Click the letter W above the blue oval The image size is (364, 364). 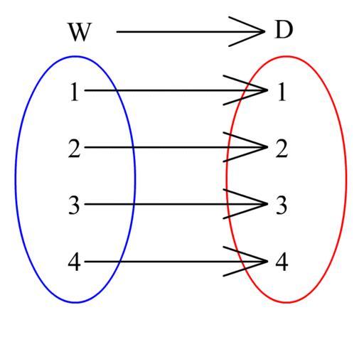click(x=79, y=32)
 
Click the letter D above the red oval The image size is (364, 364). click(x=284, y=31)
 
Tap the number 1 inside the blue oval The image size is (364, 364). click(x=74, y=92)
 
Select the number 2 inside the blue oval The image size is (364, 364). click(x=74, y=149)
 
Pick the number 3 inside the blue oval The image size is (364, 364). click(x=74, y=205)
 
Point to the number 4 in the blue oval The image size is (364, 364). click(x=74, y=262)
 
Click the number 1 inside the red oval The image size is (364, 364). click(x=282, y=92)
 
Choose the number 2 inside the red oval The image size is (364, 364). click(x=282, y=149)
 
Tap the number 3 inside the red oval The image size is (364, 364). click(x=282, y=205)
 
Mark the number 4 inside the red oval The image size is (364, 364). click(x=282, y=262)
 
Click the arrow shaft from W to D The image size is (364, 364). click(x=191, y=31)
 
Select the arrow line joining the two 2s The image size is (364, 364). click(x=176, y=147)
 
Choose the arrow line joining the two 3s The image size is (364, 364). click(x=176, y=204)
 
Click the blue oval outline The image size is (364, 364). click(x=16, y=179)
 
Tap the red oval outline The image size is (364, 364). click(x=346, y=179)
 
